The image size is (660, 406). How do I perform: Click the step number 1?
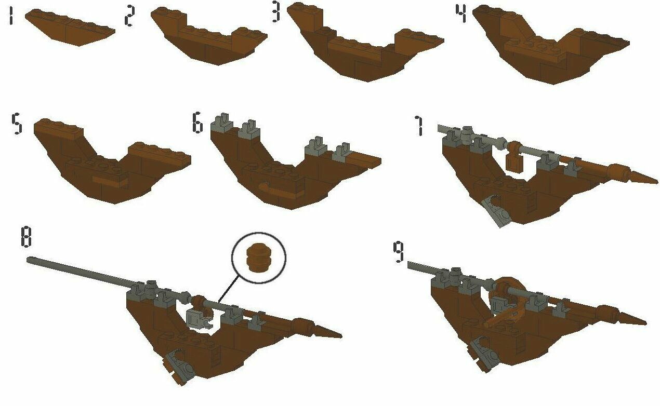coord(11,17)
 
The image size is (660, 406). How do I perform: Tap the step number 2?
coord(129,17)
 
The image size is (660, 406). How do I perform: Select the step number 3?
coord(275,12)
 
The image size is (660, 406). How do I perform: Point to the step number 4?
coord(461,13)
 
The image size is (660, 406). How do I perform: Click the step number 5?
coord(17,124)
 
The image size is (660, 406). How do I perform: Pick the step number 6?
coord(197,122)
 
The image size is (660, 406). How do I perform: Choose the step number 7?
coord(419,126)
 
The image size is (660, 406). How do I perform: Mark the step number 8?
coord(26,237)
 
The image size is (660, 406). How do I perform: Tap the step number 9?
coord(399,252)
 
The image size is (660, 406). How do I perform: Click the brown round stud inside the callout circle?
coord(258,257)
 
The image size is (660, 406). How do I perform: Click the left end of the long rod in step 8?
coord(28,260)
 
